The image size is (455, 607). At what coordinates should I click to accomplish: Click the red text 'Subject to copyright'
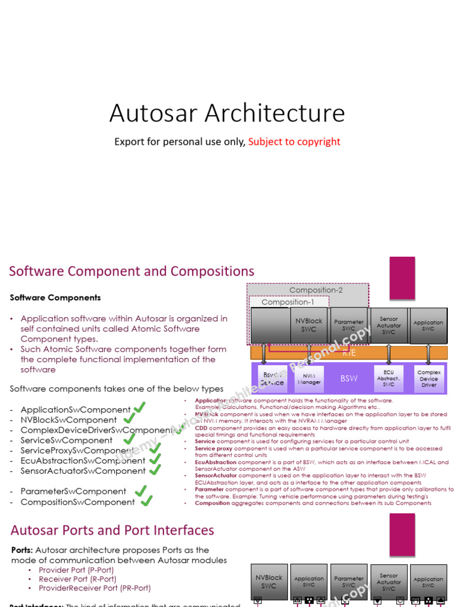coord(294,142)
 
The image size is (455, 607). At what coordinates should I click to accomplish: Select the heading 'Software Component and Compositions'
coord(132,271)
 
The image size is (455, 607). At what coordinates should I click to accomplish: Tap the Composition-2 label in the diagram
coord(316,290)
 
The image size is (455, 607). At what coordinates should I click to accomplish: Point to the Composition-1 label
coord(288,302)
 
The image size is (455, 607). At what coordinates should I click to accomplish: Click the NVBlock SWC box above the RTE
coord(309,325)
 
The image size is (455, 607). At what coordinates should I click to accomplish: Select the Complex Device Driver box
coord(428,379)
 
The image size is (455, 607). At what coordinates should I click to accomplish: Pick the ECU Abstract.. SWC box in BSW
coord(389,379)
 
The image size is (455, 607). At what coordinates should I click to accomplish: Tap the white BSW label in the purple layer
coord(349,379)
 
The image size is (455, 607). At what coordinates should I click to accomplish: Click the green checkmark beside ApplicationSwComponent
coord(139,408)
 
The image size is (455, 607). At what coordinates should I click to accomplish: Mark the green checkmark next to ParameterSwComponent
coord(140,490)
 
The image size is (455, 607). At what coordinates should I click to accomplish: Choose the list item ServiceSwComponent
coord(66,440)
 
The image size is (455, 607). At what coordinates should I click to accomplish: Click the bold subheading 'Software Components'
coord(55,298)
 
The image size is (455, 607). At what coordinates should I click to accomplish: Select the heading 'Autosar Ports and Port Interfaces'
coord(113,530)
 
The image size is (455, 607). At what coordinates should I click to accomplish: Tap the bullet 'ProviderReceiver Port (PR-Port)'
coord(95,588)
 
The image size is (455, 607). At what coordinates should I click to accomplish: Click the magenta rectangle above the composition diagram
coord(402,278)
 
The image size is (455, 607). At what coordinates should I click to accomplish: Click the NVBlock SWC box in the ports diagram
coord(270,581)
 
